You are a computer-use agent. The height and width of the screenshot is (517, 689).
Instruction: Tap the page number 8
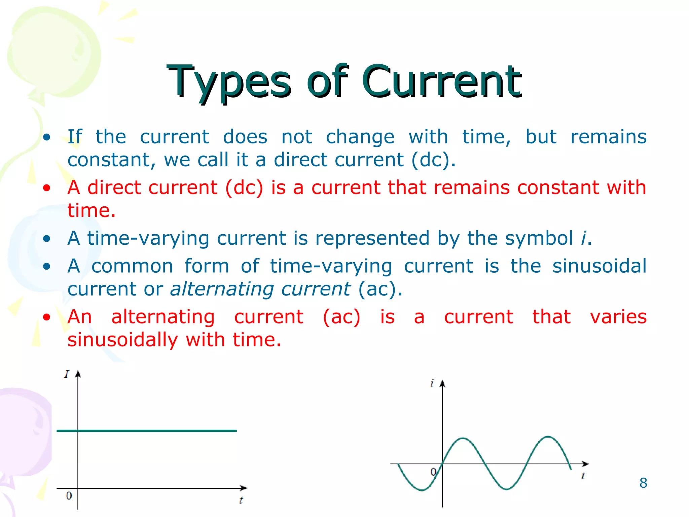[x=643, y=483]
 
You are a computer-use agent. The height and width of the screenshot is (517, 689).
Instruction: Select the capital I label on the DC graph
[x=67, y=374]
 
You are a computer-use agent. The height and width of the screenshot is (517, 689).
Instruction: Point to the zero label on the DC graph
[x=69, y=495]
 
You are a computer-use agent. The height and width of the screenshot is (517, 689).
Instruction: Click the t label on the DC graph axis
[x=241, y=500]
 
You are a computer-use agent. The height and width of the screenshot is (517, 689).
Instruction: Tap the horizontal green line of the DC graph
[x=147, y=430]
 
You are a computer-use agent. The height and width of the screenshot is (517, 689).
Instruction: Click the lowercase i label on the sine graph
[x=432, y=383]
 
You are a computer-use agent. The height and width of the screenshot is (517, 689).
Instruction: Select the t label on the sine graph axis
[x=583, y=476]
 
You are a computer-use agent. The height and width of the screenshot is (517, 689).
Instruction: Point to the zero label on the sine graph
[x=434, y=472]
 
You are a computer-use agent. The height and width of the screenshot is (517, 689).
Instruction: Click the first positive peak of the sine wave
[x=463, y=438]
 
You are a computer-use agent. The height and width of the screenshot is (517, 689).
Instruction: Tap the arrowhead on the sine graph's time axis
[x=585, y=464]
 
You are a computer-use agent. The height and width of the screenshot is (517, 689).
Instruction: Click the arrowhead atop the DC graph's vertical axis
[x=78, y=374]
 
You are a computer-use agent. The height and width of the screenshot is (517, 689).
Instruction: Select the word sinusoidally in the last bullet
[x=123, y=340]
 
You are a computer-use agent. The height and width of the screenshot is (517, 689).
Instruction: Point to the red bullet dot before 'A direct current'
[x=47, y=187]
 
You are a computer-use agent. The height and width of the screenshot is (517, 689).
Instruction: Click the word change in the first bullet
[x=360, y=137]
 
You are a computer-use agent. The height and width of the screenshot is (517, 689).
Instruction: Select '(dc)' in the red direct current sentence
[x=244, y=188]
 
